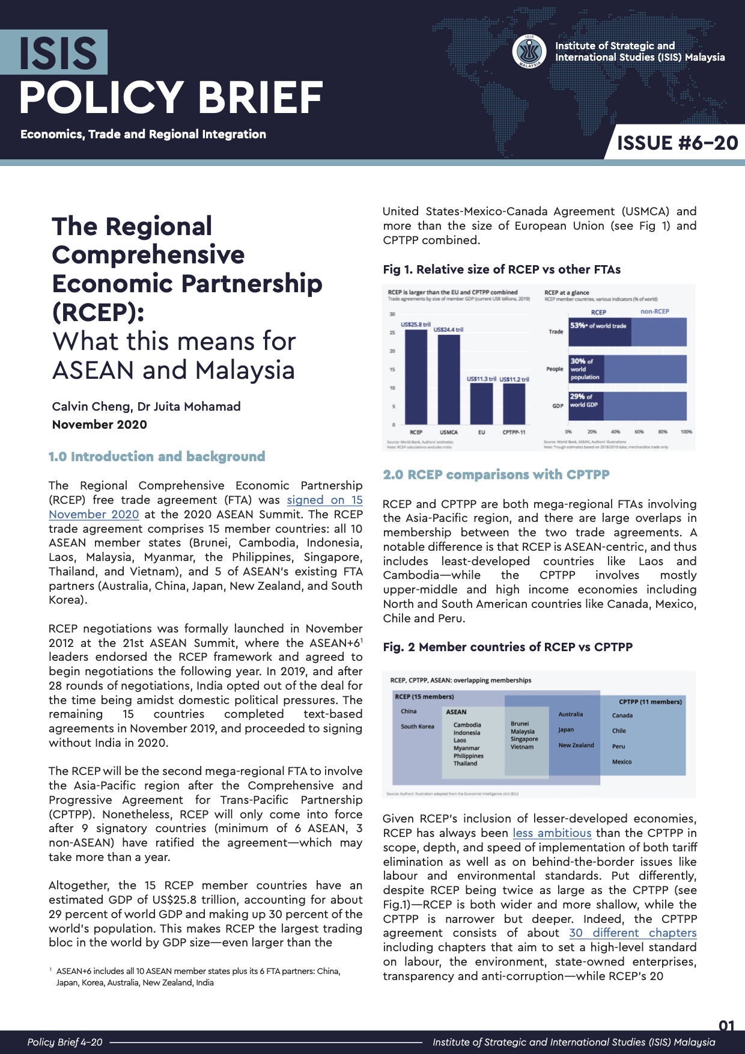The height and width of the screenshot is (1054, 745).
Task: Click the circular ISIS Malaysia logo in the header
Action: [x=529, y=52]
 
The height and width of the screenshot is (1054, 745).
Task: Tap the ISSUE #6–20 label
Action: [x=677, y=143]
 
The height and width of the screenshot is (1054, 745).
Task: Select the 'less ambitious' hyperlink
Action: [x=552, y=833]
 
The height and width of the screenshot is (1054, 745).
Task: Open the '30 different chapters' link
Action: [x=633, y=933]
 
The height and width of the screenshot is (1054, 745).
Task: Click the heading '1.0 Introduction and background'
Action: [x=157, y=457]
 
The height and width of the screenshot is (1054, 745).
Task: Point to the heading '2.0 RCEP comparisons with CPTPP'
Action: [x=496, y=475]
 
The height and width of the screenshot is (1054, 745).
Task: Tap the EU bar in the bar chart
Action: [x=481, y=404]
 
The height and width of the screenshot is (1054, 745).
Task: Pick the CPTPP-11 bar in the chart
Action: [x=514, y=404]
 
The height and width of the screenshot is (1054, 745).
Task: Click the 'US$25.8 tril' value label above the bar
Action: [x=416, y=325]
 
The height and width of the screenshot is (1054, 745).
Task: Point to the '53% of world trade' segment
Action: [x=600, y=331]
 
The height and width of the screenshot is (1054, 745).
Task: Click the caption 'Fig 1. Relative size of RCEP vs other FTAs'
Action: [x=502, y=270]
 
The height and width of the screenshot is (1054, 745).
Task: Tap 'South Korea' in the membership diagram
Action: [x=417, y=727]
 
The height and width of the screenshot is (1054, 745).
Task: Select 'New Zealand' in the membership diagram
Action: [x=576, y=746]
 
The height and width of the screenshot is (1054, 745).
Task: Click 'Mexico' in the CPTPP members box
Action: [x=622, y=762]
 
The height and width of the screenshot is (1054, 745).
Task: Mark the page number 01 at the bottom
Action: [x=726, y=1026]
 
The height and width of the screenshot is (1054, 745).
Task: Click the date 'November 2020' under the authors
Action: [x=99, y=425]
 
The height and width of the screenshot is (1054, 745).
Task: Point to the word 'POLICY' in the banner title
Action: [x=101, y=98]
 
